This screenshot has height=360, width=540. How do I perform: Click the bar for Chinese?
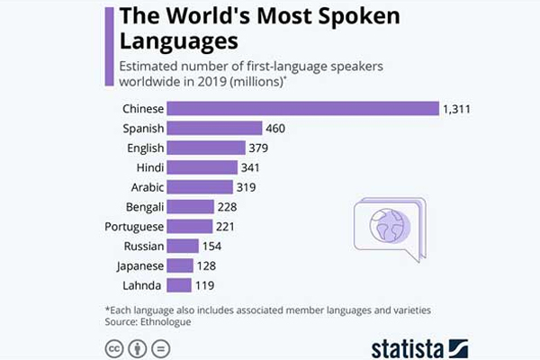pos(301,109)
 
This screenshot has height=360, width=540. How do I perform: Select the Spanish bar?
pos(214,129)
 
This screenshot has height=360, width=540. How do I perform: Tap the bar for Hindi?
pos(202,167)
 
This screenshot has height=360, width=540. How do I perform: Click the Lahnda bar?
pos(179,284)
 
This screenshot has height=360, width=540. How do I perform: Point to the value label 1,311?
pos(457,109)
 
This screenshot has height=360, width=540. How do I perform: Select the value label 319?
pos(247,187)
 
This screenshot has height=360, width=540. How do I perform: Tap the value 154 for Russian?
pos(211,246)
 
